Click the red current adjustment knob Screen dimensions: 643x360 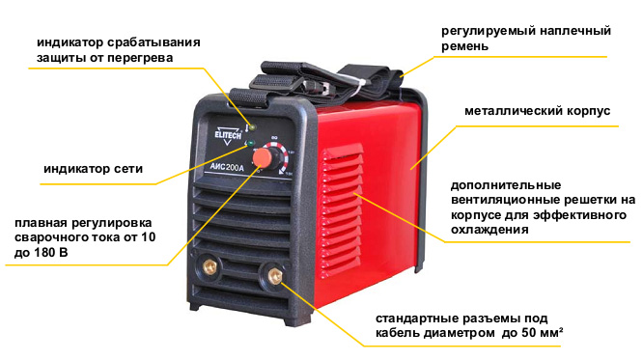(263, 158)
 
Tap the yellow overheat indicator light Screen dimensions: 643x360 (252, 127)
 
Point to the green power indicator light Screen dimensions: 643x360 (251, 144)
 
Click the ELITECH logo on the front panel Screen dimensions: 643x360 (228, 134)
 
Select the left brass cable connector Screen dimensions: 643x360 (210, 266)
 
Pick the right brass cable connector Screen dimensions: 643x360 (275, 274)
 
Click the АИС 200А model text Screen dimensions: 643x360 (226, 167)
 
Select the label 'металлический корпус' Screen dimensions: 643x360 (537, 111)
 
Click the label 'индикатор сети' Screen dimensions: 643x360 (93, 169)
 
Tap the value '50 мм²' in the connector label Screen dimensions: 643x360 (543, 333)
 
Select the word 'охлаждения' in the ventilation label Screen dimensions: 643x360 (489, 230)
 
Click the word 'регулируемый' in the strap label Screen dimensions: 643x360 (487, 32)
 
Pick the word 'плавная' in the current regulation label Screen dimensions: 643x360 (41, 223)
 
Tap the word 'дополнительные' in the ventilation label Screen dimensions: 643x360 (506, 185)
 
